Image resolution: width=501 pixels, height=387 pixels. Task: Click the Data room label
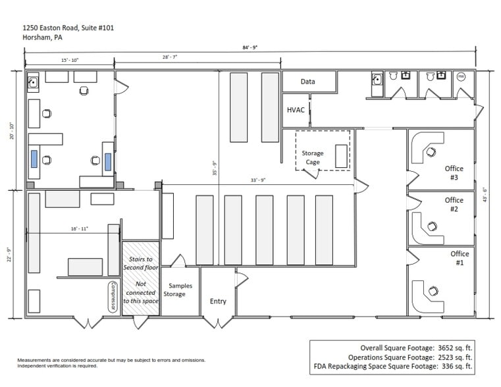pyautogui.click(x=307, y=82)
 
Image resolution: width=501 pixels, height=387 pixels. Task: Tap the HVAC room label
pyautogui.click(x=296, y=110)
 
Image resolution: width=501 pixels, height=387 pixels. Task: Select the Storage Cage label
pyautogui.click(x=313, y=157)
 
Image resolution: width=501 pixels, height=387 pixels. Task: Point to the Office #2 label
pyautogui.click(x=454, y=205)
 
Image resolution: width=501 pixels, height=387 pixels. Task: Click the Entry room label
pyautogui.click(x=218, y=301)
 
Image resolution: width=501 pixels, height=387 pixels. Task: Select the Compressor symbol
pyautogui.click(x=113, y=297)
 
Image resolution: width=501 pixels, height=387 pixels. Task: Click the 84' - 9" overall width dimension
pyautogui.click(x=250, y=47)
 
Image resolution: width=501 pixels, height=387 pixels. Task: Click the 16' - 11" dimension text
pyautogui.click(x=80, y=228)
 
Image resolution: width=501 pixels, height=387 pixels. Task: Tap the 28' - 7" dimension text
pyautogui.click(x=170, y=58)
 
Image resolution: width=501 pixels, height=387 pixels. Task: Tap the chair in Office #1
pyautogui.click(x=433, y=290)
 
